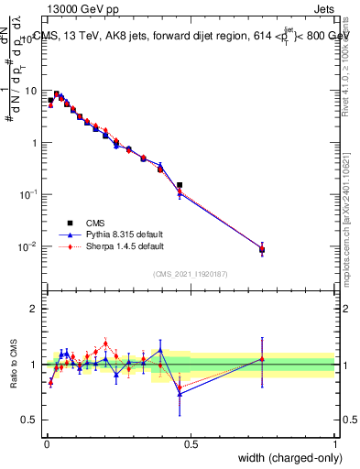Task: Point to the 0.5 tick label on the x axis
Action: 191,443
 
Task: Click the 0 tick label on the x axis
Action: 47,443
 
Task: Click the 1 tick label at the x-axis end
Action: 335,443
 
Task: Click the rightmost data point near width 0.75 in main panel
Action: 262,249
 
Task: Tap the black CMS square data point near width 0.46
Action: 180,185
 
